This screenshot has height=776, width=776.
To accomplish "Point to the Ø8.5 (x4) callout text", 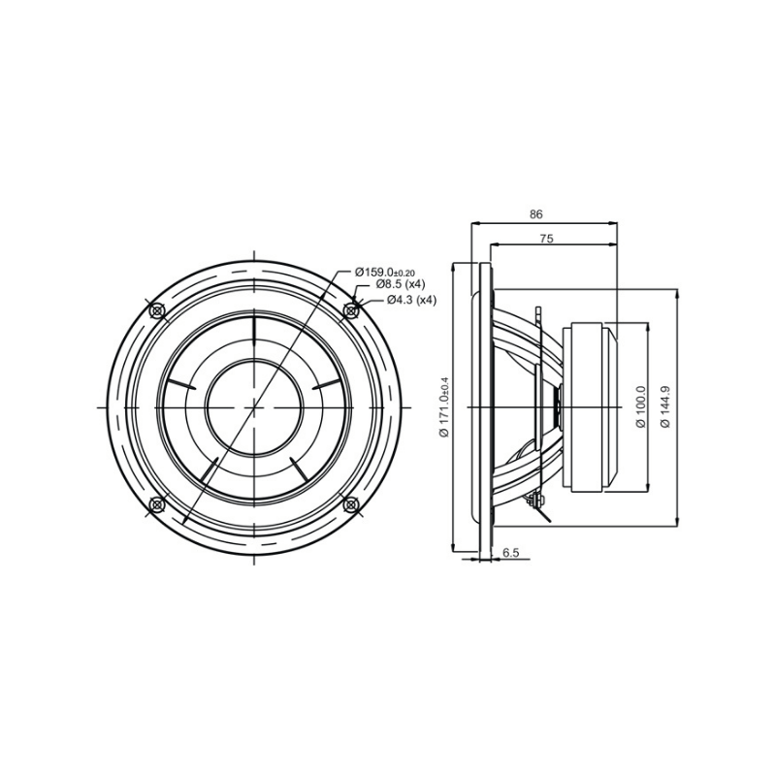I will click(401, 285).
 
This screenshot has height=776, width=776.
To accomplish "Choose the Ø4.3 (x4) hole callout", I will click(411, 300).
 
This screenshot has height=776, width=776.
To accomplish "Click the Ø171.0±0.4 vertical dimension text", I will click(444, 406).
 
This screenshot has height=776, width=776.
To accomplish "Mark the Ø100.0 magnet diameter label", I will click(640, 407).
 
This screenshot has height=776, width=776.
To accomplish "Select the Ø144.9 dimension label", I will click(665, 407).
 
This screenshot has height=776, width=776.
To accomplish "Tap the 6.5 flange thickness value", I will click(511, 553).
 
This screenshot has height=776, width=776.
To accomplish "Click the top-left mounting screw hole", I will click(158, 311).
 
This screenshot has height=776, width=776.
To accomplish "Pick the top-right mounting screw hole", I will click(350, 311).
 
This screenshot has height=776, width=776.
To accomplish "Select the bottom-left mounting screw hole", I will click(158, 503).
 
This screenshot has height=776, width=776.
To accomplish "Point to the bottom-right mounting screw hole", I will click(350, 503).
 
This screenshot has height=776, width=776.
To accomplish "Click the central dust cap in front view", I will click(254, 407).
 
